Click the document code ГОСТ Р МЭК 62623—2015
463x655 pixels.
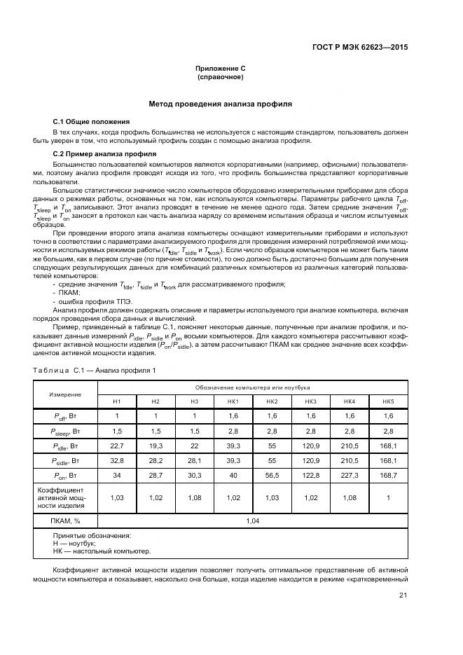pos(359,47)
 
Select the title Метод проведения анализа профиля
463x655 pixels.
pos(220,104)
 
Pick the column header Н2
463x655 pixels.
pos(156,401)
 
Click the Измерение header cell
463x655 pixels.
pos(65,394)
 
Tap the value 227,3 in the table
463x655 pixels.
pos(349,476)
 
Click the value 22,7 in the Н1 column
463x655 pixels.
pos(117,446)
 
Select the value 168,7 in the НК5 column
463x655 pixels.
pos(388,476)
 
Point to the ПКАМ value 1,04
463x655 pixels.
pos(252,520)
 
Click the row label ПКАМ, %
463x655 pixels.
pos(65,520)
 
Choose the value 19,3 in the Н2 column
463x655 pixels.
pos(156,446)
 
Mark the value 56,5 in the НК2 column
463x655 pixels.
pos(272,476)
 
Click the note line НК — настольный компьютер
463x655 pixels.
pos(102,551)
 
